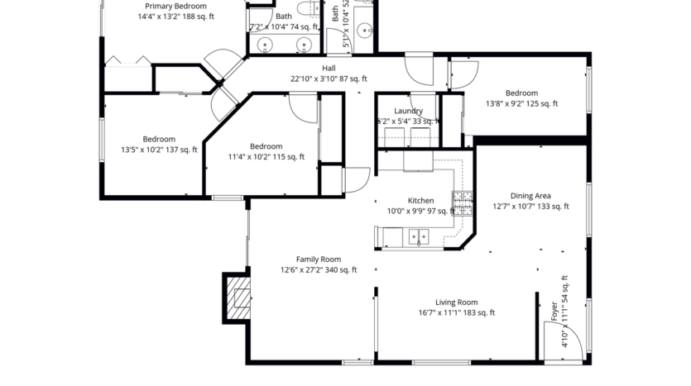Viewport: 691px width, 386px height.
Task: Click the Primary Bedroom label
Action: click(x=175, y=6)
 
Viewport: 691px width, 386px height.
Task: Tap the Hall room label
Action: click(x=329, y=69)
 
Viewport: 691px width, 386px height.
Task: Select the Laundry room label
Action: click(x=409, y=111)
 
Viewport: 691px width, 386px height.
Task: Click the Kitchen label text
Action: click(x=420, y=201)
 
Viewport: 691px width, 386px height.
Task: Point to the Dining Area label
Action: click(x=530, y=196)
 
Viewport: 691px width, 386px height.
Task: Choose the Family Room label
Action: click(x=319, y=259)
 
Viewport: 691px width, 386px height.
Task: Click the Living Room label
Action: click(x=456, y=303)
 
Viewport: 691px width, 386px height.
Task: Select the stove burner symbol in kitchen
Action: click(x=461, y=201)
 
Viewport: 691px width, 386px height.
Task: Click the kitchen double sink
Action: click(x=419, y=238)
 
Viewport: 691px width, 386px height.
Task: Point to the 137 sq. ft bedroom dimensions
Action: click(x=158, y=150)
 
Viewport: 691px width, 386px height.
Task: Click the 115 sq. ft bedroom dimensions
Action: click(x=266, y=157)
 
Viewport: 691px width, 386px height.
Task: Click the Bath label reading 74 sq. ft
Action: click(x=284, y=26)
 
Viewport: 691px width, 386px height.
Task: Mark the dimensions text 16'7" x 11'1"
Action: click(x=456, y=313)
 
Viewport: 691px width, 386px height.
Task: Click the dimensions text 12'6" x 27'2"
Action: click(x=319, y=269)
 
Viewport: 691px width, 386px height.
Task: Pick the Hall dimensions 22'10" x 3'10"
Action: click(x=329, y=79)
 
